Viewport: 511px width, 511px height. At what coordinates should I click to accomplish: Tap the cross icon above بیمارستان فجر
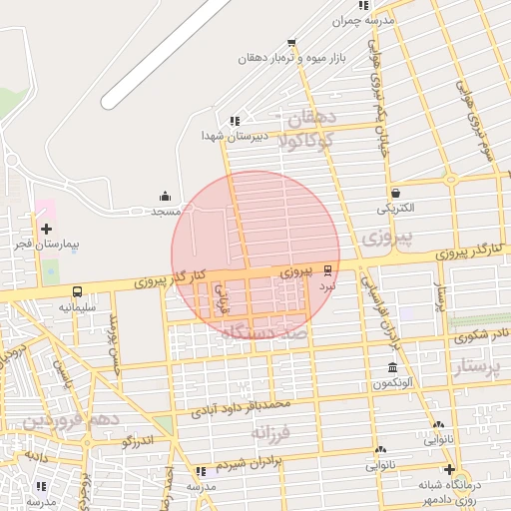click(x=46, y=229)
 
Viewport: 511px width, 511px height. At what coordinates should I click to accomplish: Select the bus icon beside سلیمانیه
click(x=77, y=292)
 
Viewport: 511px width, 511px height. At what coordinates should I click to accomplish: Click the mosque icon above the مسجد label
click(x=165, y=196)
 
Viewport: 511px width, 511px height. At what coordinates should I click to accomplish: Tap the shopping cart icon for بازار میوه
click(x=290, y=43)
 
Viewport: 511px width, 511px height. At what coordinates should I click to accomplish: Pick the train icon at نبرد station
click(x=329, y=269)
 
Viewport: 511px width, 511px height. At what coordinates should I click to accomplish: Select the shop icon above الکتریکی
click(x=396, y=194)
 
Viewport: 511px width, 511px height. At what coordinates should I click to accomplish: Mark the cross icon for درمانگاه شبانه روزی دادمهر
click(x=449, y=470)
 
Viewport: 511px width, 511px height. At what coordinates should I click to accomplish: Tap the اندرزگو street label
click(x=137, y=440)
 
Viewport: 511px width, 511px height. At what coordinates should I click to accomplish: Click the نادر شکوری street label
click(x=484, y=334)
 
